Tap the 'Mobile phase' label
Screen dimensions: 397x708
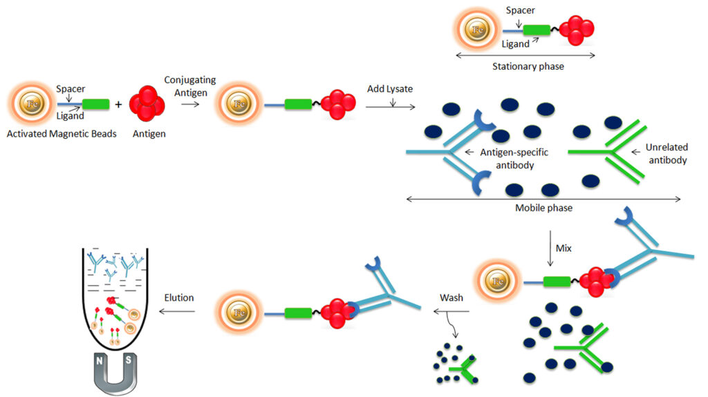point(543,208)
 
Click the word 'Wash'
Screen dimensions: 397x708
point(451,298)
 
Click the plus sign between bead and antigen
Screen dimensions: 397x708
point(118,105)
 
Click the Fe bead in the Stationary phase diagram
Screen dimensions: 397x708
point(475,30)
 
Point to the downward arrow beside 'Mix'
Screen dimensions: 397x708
point(550,253)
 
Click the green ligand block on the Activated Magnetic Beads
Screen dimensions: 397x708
point(95,105)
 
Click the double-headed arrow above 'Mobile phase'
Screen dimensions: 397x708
point(543,199)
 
